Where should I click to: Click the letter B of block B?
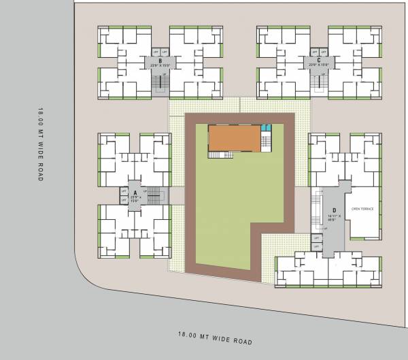coord(159,61)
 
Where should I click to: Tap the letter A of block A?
coord(135,193)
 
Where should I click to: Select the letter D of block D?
coord(334,210)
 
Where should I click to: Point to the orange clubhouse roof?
coord(235,139)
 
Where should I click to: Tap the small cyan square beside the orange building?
coord(265,128)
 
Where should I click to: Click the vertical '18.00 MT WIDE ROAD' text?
coord(41,143)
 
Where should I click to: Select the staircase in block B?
coord(161,83)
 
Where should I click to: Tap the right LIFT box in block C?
coord(323,52)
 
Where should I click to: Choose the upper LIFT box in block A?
coord(124,191)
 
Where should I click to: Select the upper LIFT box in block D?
coord(316,237)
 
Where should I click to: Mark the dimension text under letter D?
coord(334,218)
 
